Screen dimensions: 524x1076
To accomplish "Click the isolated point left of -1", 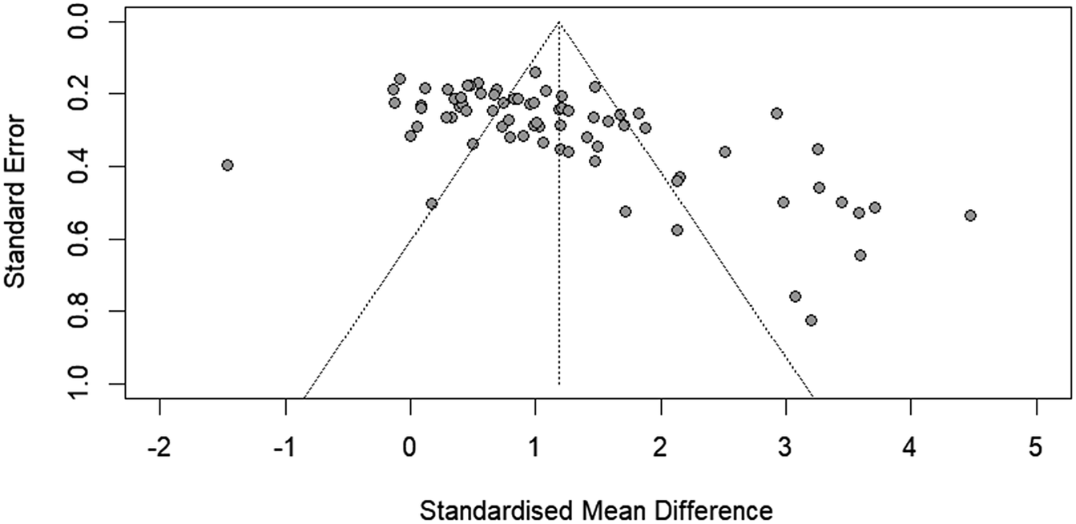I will coord(228,165).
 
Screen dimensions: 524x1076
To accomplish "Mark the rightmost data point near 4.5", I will coord(970,216).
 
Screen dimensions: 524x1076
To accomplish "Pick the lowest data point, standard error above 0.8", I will coord(811,320).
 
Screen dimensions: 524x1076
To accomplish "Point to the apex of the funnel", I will coord(559,22).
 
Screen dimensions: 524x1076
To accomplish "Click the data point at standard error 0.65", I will coord(860,255).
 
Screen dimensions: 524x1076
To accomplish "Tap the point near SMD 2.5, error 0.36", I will coord(725,151).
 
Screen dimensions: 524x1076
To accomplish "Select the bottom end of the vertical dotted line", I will coord(559,385).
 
